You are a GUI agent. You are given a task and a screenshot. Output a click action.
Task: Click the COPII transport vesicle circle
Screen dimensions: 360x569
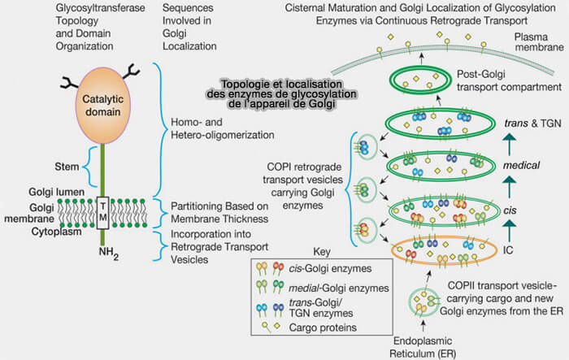423,301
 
